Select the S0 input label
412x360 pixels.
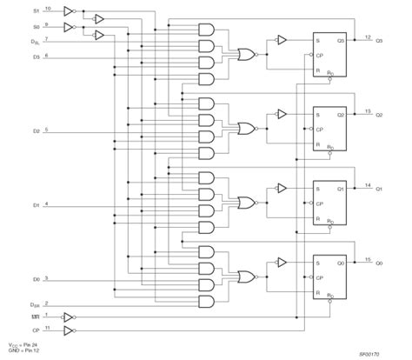[x=35, y=28]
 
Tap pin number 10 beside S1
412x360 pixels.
[x=47, y=9]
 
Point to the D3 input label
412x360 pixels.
[x=36, y=57]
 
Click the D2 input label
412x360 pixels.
[x=36, y=132]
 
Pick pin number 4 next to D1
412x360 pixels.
[x=46, y=203]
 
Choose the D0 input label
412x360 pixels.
[x=36, y=281]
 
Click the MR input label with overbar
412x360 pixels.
[x=35, y=317]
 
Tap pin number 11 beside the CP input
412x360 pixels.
[x=47, y=328]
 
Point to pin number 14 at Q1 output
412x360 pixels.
[x=368, y=184]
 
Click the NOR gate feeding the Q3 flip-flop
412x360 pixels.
[x=247, y=55]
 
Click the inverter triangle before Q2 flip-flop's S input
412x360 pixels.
[x=281, y=113]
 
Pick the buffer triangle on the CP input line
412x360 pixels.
[x=70, y=331]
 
